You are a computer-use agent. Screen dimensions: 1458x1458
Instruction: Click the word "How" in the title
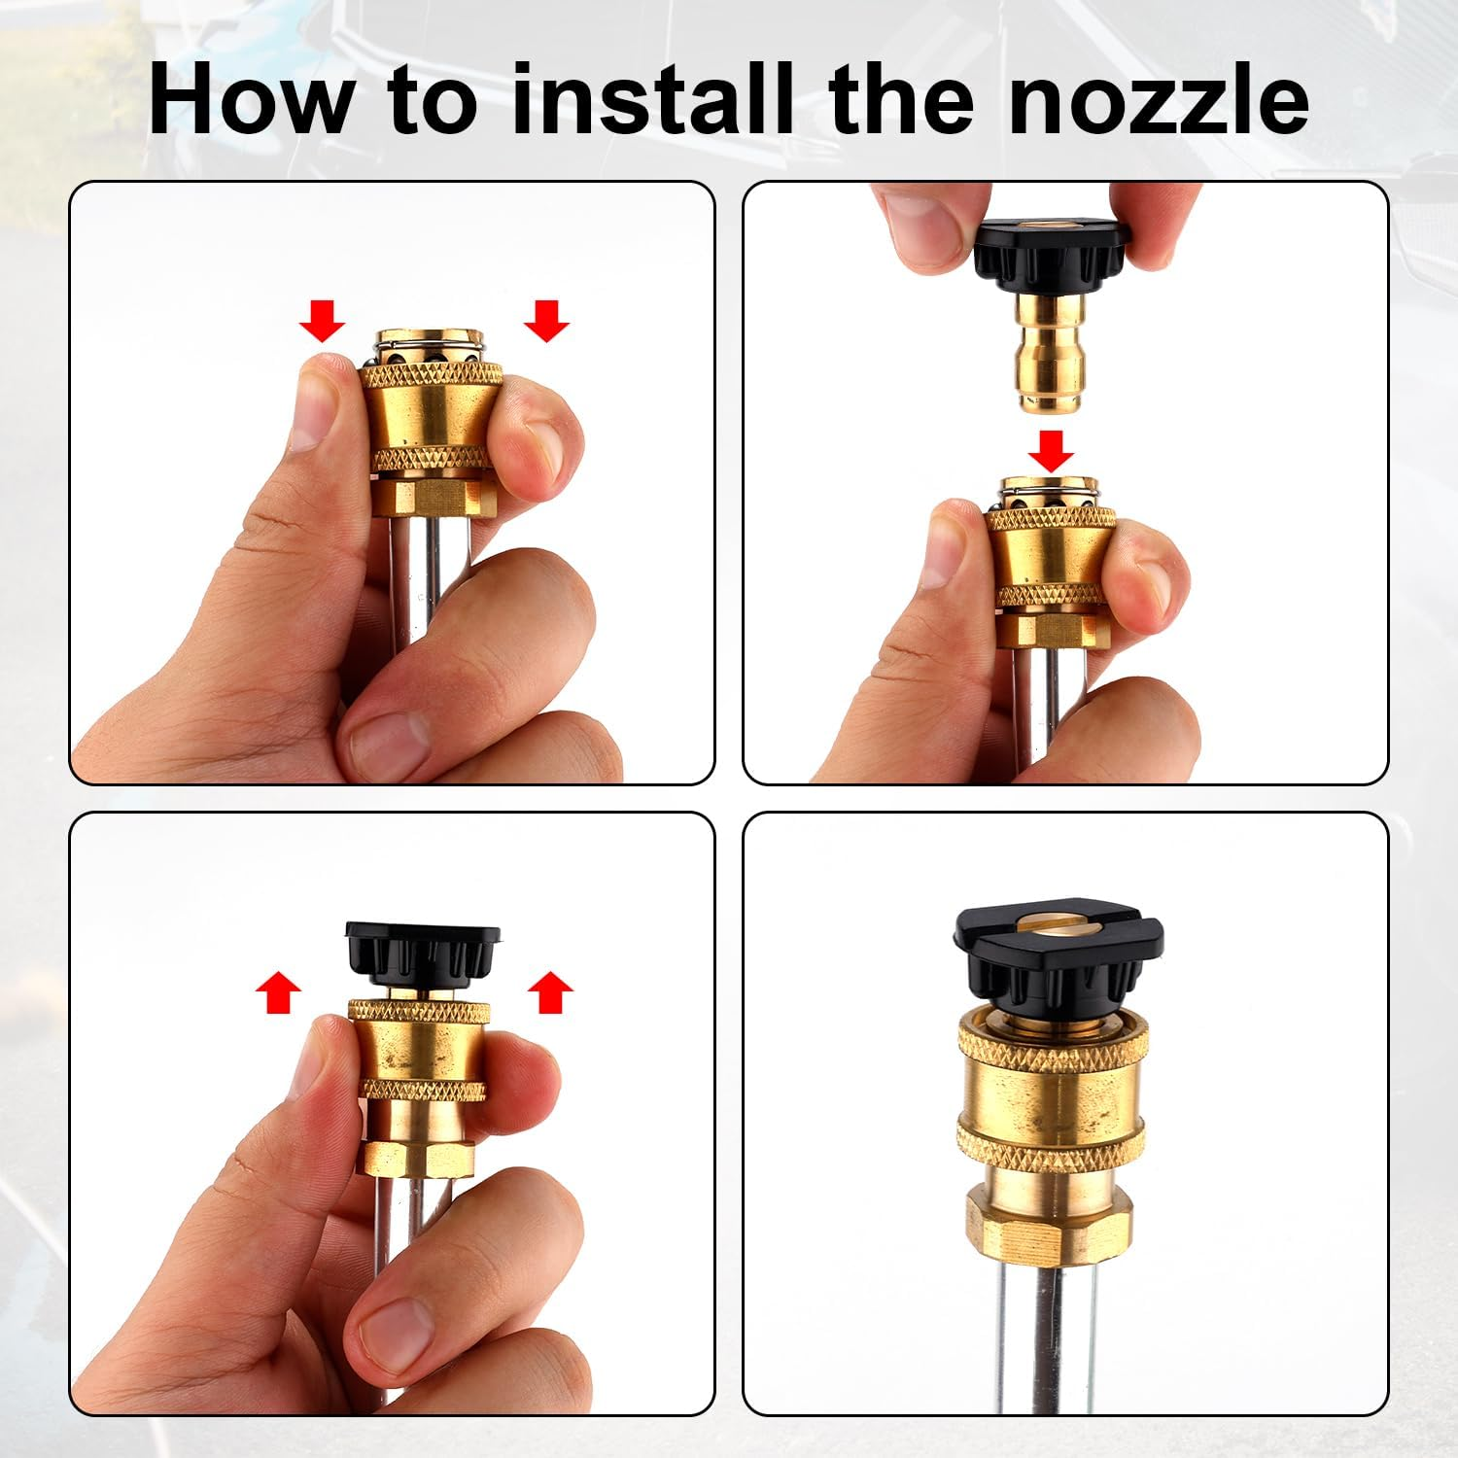pos(252,99)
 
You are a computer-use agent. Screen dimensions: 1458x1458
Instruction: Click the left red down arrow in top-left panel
pos(322,320)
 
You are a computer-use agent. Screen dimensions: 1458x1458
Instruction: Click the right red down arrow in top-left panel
pos(546,320)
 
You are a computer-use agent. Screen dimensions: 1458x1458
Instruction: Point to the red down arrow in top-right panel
pos(1051,450)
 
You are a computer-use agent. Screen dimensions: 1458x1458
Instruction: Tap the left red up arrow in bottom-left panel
pos(279,991)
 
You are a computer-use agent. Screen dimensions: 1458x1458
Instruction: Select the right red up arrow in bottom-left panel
pos(550,991)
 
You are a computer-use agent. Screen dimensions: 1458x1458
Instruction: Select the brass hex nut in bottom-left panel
pos(419,1159)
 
